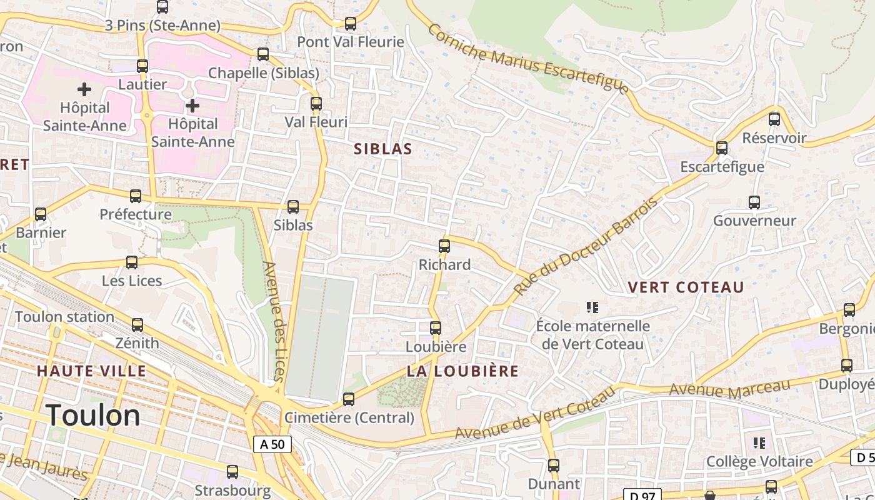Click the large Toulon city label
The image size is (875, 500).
(92, 415)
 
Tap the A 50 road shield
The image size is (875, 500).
(272, 444)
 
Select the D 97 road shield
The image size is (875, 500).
(642, 496)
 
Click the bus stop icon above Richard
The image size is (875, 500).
(444, 246)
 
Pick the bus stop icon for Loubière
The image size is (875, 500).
(436, 328)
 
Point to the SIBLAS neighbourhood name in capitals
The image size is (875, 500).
(383, 149)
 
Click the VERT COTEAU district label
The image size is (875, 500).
(686, 287)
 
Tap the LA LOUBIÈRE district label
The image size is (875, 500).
(462, 371)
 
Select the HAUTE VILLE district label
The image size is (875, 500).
(91, 371)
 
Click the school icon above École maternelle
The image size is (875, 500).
(592, 307)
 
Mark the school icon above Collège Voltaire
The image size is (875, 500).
(759, 443)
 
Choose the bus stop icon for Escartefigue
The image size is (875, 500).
(722, 148)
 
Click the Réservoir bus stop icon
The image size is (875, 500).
(774, 119)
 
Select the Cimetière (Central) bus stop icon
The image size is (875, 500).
(349, 399)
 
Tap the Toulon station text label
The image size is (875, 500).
(64, 317)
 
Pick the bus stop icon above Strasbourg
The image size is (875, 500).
(232, 472)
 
